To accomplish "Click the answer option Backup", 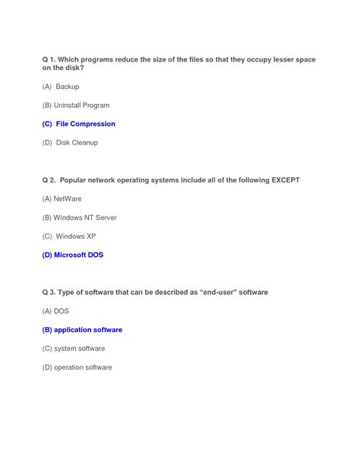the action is click(x=68, y=87).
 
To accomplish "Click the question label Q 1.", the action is click(x=49, y=59).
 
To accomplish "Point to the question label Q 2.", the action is click(x=49, y=180).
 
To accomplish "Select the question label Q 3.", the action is click(x=49, y=293).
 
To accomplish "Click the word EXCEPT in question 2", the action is click(x=283, y=180).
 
